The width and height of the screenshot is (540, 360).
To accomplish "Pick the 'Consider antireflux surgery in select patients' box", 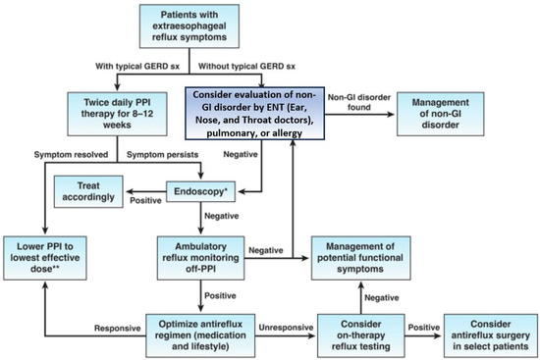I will [486, 332].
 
